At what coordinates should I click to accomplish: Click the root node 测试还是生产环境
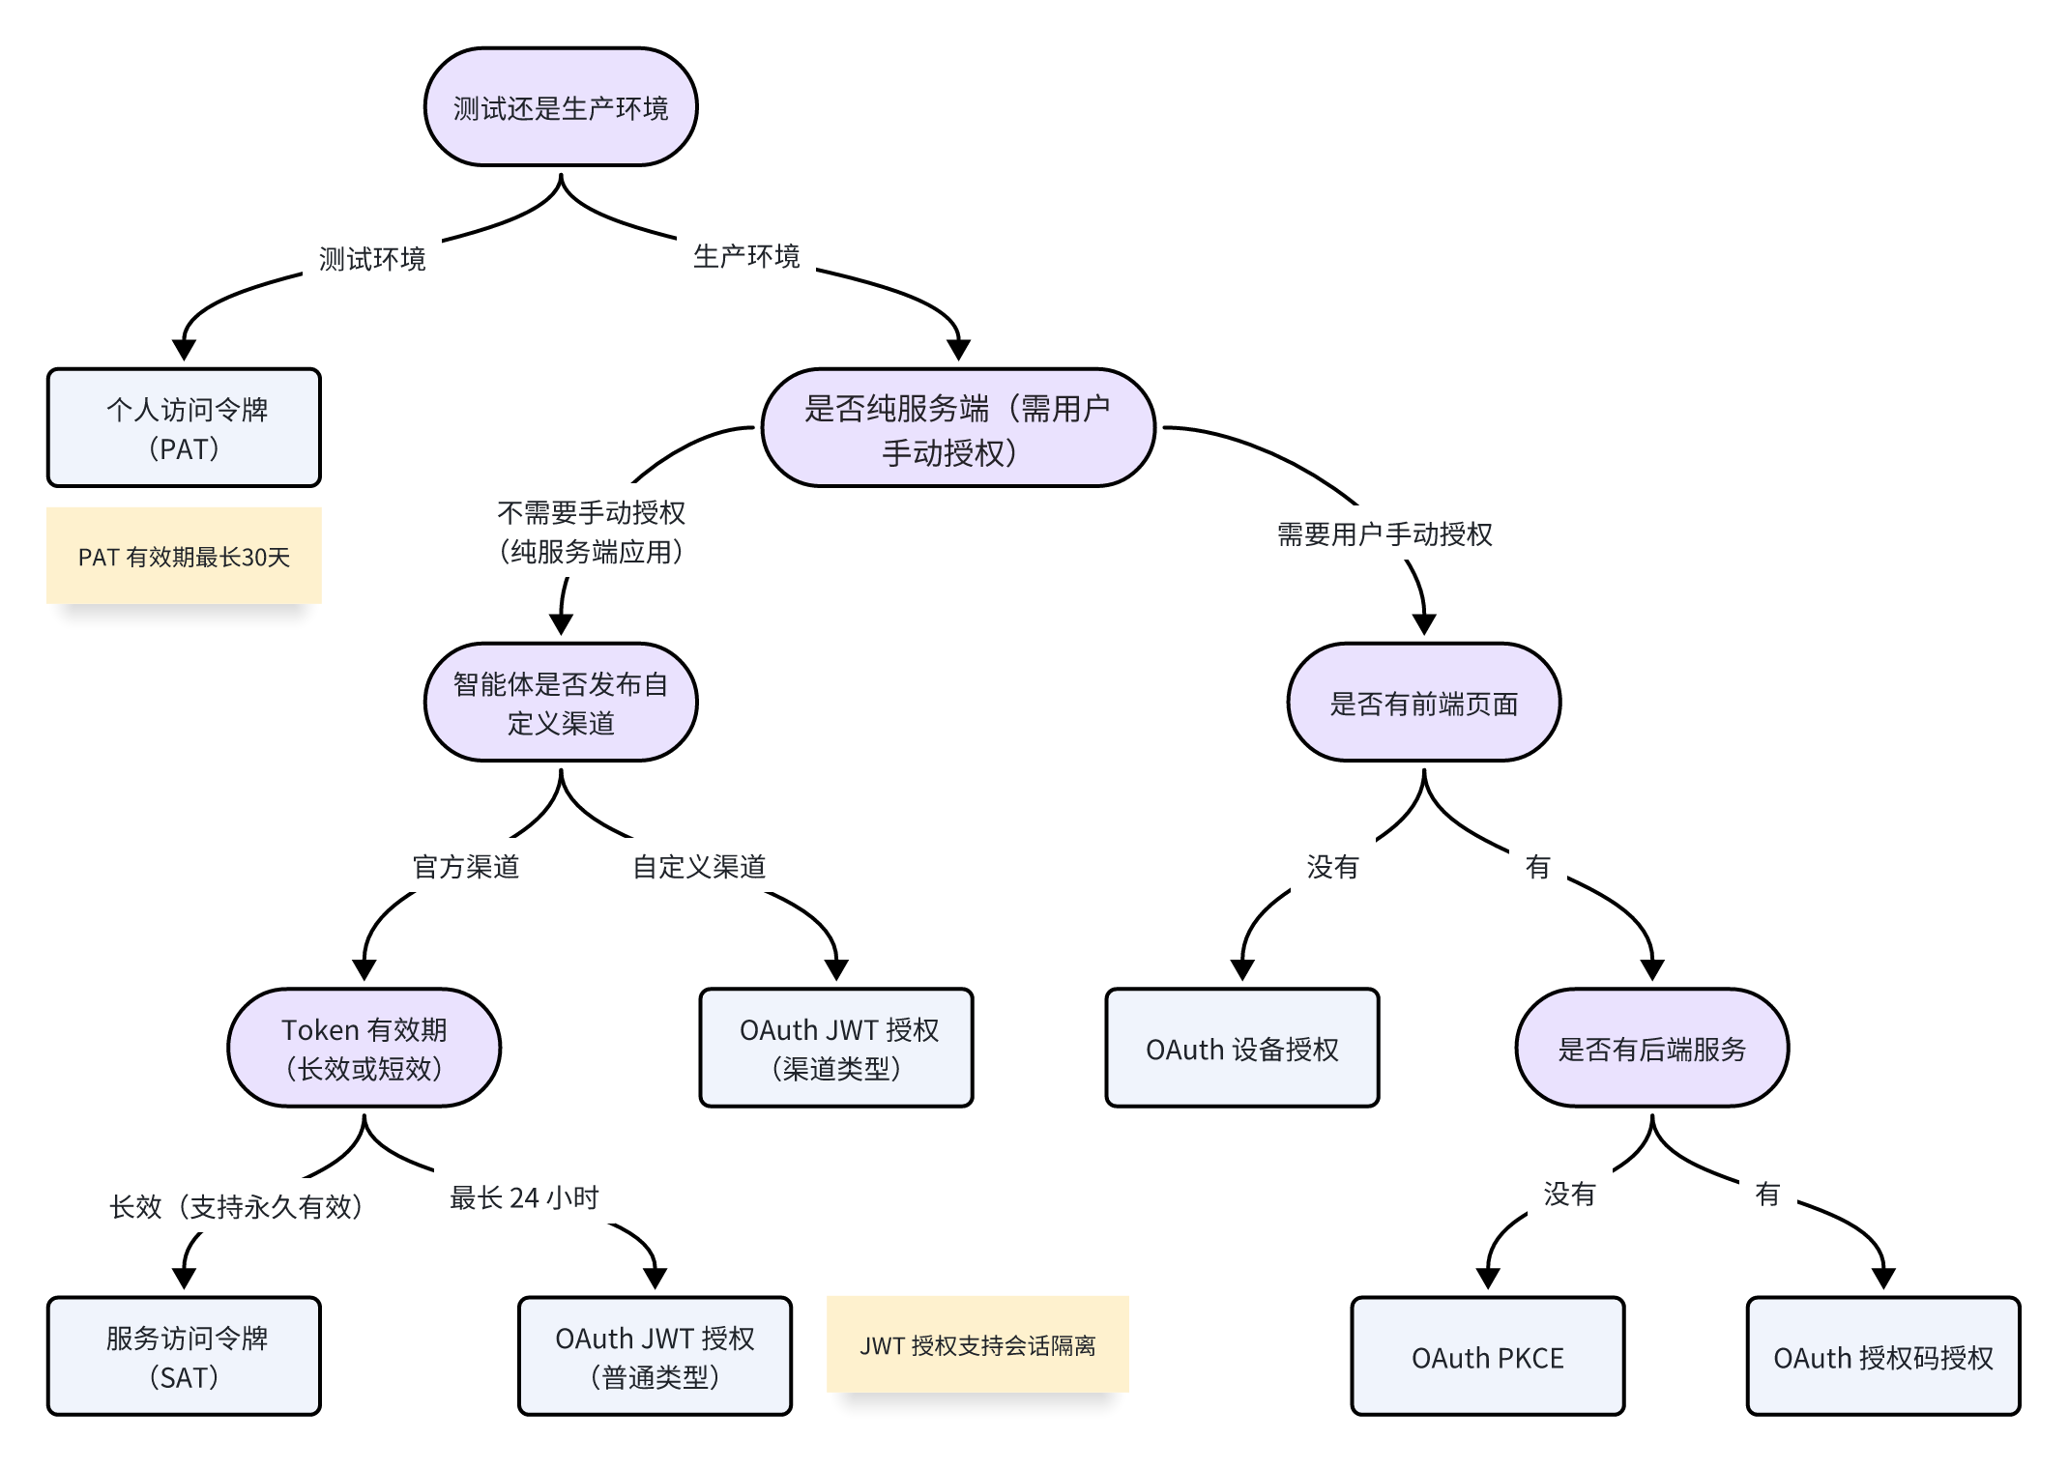coord(561,107)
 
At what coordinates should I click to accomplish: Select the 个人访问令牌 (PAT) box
coord(184,428)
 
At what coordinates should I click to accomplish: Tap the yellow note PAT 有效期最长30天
coord(184,557)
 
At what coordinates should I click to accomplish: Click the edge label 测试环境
coord(372,259)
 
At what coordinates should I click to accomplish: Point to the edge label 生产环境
coord(746,256)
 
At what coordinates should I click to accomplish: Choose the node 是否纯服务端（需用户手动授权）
coord(958,428)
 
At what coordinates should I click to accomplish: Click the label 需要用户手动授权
coord(1384,534)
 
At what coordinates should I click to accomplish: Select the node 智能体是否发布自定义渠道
coord(561,703)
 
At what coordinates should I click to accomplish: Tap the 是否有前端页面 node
coord(1424,703)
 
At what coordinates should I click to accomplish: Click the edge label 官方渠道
coord(466,867)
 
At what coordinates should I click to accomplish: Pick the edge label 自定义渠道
coord(699,867)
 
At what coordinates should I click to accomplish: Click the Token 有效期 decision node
coord(364,1048)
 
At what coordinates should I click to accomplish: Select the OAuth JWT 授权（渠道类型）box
coord(836,1048)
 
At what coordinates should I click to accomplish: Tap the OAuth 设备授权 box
coord(1242,1048)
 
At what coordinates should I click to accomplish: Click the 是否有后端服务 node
coord(1652,1048)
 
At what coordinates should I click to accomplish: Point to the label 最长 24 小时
coord(524,1198)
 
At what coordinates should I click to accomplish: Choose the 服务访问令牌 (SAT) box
coord(184,1357)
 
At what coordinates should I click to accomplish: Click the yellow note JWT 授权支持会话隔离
coord(977,1345)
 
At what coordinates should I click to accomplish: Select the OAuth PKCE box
coord(1488,1357)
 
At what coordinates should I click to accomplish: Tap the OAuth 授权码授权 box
coord(1883,1357)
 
